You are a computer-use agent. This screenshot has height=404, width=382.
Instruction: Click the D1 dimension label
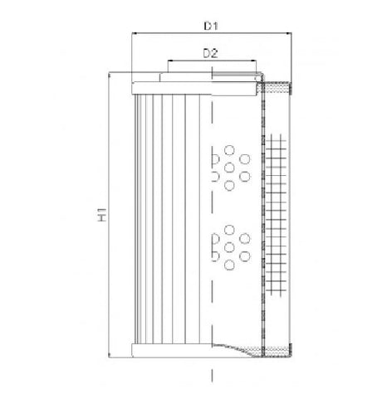211,26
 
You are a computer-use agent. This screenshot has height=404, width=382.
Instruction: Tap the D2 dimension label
211,53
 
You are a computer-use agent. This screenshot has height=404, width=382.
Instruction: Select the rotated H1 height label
101,217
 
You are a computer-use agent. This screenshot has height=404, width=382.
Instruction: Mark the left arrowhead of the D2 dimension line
170,61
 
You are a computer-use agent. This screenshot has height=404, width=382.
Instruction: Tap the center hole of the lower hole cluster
230,246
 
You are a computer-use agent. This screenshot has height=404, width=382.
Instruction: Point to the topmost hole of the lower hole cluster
230,227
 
